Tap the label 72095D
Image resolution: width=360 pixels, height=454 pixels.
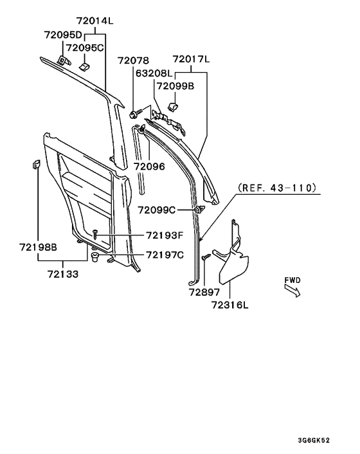(x=63, y=34)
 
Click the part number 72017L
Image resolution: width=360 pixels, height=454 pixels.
(x=190, y=59)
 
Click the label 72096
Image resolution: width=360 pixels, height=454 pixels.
(x=149, y=166)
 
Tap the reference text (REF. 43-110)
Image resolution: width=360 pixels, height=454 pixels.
(x=277, y=188)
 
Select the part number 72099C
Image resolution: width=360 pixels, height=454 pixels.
(x=156, y=210)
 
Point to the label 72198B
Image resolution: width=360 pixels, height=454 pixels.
(x=38, y=247)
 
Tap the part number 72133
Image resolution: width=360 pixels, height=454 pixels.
(x=62, y=274)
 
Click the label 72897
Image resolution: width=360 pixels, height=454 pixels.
(x=204, y=292)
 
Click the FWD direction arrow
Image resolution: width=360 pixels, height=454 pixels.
(x=292, y=291)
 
